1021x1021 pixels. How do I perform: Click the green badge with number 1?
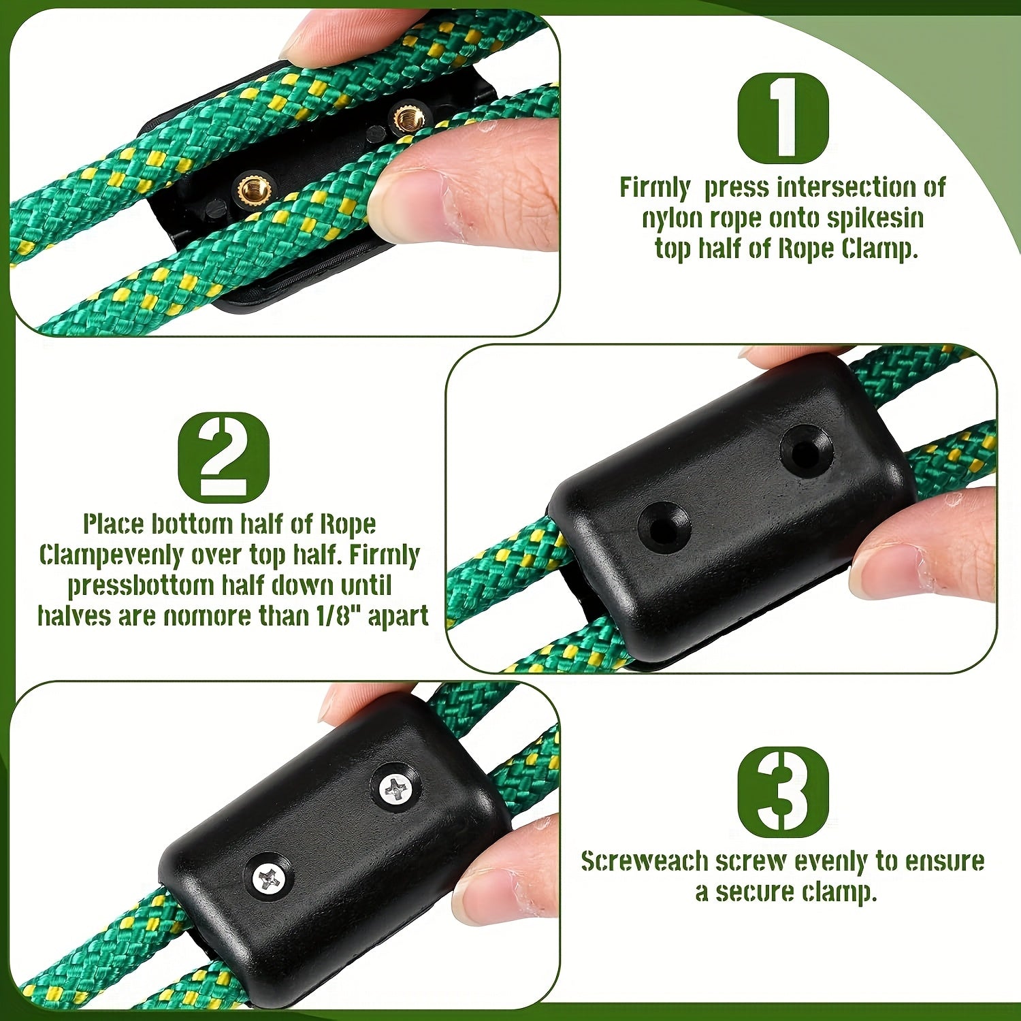coord(783,118)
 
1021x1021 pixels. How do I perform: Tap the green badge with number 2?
coord(223,457)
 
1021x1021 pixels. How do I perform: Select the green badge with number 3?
coord(783,792)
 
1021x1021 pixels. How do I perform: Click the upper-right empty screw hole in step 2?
coord(806,450)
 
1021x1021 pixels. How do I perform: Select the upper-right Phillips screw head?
coord(397,790)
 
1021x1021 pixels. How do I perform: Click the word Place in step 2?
coord(114,524)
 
